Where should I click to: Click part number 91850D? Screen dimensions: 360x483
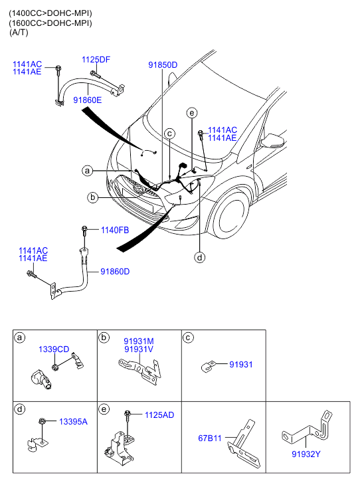[x=163, y=65]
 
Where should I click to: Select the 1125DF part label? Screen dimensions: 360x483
[x=96, y=59]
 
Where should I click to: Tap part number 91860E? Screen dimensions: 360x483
[x=88, y=100]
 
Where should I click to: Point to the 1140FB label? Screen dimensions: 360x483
[x=115, y=230]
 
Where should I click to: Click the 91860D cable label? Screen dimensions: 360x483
[x=115, y=271]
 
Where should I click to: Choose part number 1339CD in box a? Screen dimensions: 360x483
[x=54, y=349]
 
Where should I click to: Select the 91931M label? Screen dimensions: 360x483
[x=139, y=341]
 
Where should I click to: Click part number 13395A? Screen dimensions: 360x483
[x=73, y=422]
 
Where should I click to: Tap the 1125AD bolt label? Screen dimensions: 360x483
[x=159, y=415]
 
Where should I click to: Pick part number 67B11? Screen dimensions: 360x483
[x=210, y=438]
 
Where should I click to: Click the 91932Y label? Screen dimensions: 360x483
[x=306, y=454]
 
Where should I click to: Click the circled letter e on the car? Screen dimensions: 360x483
[x=192, y=113]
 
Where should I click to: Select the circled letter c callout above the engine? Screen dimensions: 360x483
[x=169, y=134]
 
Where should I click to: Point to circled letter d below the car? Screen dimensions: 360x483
[x=199, y=257]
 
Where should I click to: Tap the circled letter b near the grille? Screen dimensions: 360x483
[x=93, y=197]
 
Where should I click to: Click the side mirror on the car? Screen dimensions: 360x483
[x=272, y=141]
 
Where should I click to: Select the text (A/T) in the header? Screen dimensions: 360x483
[x=19, y=33]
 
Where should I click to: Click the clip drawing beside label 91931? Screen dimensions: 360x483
[x=207, y=366]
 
